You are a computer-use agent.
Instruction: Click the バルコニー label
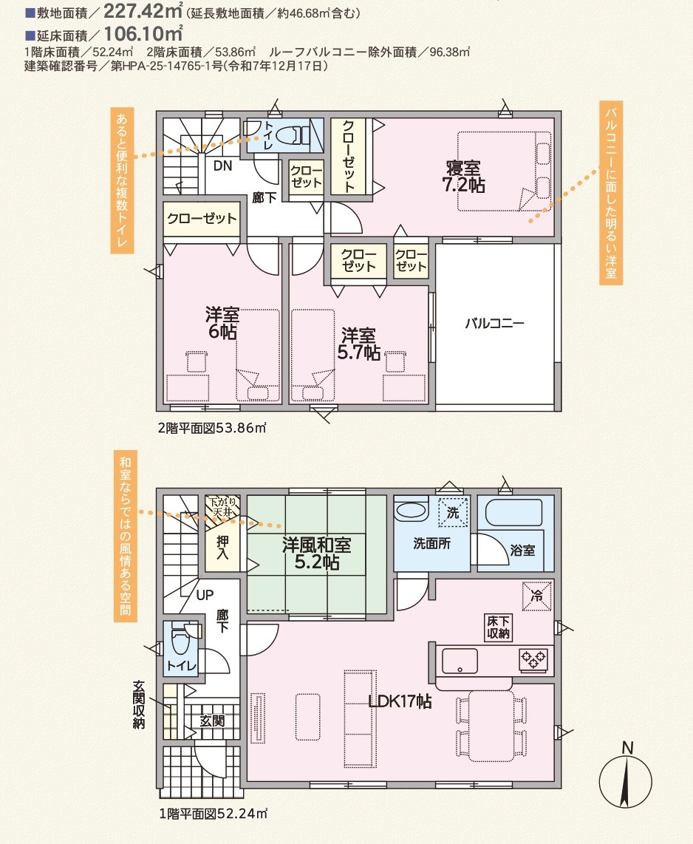pos(494,324)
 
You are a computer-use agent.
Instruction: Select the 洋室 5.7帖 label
pos(358,344)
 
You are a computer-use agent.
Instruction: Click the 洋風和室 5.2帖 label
pos(316,554)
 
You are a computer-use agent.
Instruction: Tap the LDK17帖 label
pos(400,701)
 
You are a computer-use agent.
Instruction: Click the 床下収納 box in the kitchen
pos(498,627)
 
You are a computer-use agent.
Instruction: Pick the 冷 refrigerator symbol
pos(537,596)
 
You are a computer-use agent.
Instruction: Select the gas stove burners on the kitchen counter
pos(533,658)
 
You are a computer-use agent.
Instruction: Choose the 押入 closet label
pos(223,548)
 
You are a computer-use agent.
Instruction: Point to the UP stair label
pos(205,593)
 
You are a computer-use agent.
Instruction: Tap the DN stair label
pos(222,166)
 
